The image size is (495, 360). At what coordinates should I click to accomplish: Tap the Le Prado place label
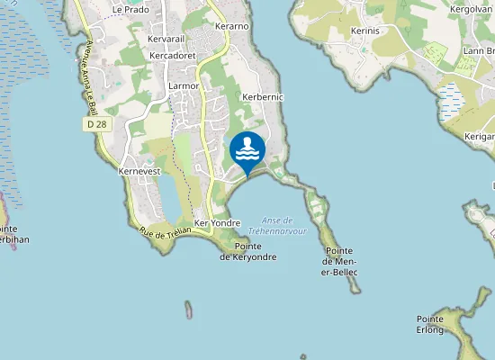coord(130,9)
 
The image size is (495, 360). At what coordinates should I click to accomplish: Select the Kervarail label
coord(166,40)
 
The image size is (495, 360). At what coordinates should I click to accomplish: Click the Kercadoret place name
coord(173,55)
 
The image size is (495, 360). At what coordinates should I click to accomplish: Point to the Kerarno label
coord(231,27)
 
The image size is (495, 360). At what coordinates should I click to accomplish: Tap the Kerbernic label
coord(264,95)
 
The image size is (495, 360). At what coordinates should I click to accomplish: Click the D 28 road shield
coord(98,124)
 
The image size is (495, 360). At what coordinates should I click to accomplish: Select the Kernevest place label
coord(139,170)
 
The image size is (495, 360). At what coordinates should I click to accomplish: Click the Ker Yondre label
coord(217,222)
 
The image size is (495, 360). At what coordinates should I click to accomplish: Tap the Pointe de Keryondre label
coord(247,251)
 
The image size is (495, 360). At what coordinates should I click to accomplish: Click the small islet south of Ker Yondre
coord(188,310)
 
